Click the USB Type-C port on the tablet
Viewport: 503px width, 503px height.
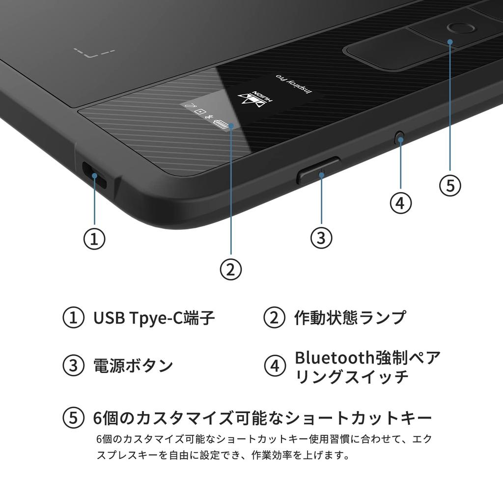tap(94, 175)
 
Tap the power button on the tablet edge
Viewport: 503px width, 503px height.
tap(318, 170)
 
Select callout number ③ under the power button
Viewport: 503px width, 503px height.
tap(321, 238)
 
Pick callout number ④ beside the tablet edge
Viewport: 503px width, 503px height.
tap(400, 202)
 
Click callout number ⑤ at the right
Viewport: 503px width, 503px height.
tap(450, 186)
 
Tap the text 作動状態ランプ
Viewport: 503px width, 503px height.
tap(350, 318)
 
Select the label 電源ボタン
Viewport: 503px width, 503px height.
tap(133, 365)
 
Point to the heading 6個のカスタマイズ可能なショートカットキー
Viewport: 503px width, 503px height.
tap(262, 418)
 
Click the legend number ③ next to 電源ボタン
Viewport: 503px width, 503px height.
tap(73, 365)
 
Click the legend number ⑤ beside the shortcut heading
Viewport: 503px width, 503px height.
tap(73, 418)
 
